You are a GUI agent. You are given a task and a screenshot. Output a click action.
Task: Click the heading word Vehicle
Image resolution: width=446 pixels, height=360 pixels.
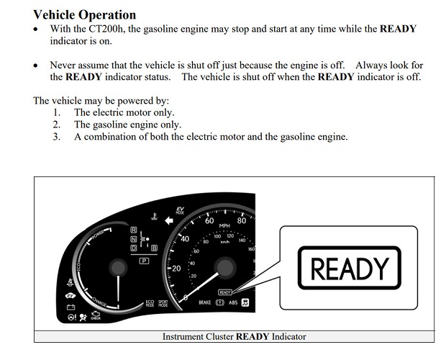(x=57, y=14)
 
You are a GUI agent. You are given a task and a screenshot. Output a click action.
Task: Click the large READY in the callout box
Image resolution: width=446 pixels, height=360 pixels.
(x=349, y=269)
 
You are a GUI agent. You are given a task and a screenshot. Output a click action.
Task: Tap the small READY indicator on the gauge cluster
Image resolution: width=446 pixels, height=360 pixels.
(x=224, y=292)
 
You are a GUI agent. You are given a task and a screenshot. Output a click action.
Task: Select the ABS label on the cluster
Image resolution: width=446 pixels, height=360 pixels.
(x=233, y=303)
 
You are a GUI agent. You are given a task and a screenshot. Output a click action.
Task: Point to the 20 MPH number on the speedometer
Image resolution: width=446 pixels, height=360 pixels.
(x=175, y=268)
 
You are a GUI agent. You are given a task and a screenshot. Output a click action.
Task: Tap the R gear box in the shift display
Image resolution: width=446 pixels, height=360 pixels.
(x=134, y=229)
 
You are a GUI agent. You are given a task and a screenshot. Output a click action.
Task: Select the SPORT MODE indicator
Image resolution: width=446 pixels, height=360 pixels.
(x=163, y=304)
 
